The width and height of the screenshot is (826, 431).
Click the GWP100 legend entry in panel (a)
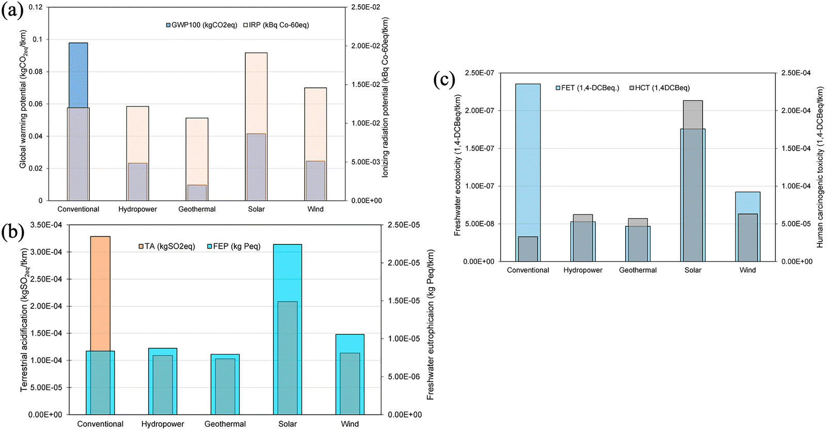tap(201, 25)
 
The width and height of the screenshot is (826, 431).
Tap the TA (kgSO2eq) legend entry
tap(167, 246)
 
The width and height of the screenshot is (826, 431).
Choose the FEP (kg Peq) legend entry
tap(234, 246)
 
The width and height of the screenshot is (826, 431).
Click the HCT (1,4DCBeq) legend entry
tap(659, 88)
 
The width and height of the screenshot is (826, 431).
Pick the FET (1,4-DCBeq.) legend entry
tap(587, 88)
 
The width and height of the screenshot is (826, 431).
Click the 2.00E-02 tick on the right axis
tap(366, 46)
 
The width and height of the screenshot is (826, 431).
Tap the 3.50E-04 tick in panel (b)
tap(46, 225)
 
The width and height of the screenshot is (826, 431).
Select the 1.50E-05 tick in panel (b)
tap(404, 301)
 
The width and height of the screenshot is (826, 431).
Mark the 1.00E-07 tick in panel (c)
tap(479, 186)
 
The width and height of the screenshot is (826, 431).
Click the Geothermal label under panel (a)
tap(197, 209)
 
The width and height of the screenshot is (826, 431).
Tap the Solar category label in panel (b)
tap(288, 424)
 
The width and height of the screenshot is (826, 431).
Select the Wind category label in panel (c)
tap(748, 270)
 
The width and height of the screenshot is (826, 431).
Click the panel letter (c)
tap(444, 80)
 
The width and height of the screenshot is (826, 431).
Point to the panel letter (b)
tap(12, 233)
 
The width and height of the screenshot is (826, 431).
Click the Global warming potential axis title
tap(23, 100)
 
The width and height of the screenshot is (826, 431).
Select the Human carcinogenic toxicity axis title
tap(820, 167)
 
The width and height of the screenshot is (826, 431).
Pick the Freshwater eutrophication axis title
tap(430, 325)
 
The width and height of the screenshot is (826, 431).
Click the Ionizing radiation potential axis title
tap(385, 98)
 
